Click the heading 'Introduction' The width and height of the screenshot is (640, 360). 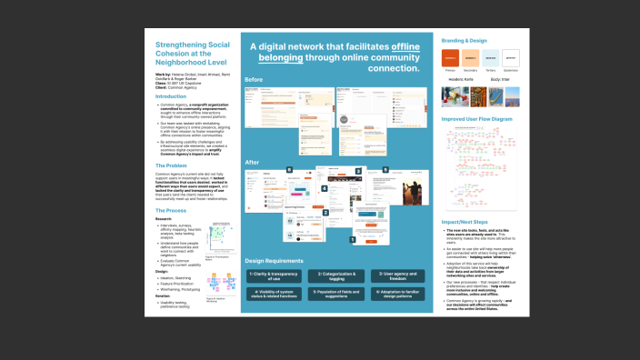click(x=171, y=95)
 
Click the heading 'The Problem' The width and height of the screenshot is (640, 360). click(x=172, y=165)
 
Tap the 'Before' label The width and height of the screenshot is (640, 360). click(x=254, y=80)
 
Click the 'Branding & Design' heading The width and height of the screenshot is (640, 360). click(x=465, y=42)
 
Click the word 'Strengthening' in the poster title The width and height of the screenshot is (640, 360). click(x=181, y=43)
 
